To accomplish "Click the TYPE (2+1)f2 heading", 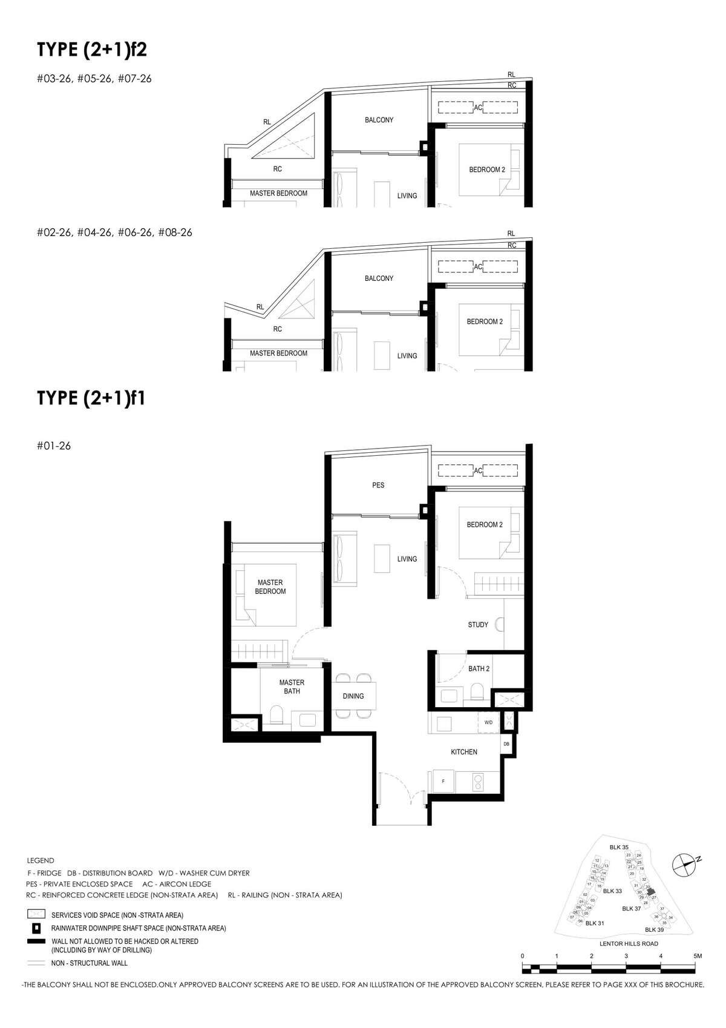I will pyautogui.click(x=92, y=50).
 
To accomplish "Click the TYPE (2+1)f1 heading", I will pyautogui.click(x=91, y=398).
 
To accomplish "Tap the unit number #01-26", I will pyautogui.click(x=54, y=446).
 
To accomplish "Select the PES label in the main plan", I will pyautogui.click(x=378, y=485).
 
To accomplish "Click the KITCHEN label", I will pyautogui.click(x=464, y=752).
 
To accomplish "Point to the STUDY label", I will pyautogui.click(x=478, y=625).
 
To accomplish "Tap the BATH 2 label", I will pyautogui.click(x=479, y=669).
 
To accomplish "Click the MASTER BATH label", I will pyautogui.click(x=292, y=687).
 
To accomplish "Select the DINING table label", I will pyautogui.click(x=353, y=696).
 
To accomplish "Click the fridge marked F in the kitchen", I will pyautogui.click(x=443, y=782).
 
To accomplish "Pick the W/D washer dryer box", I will pyautogui.click(x=488, y=722).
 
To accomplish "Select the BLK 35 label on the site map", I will pyautogui.click(x=620, y=848).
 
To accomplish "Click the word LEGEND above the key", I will pyautogui.click(x=41, y=860).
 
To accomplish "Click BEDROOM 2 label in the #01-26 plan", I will pyautogui.click(x=485, y=525).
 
